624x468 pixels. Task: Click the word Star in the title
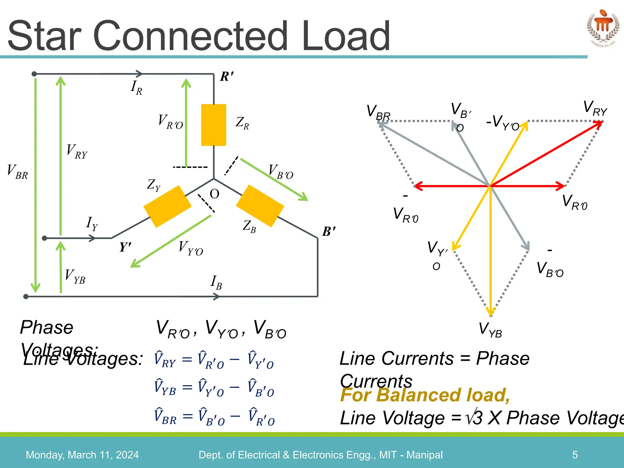44,36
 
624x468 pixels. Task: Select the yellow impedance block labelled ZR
214,125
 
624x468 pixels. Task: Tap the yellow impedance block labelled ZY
167,206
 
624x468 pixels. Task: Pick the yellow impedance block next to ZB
260,206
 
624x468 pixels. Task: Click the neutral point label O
214,194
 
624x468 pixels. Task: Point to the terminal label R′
227,76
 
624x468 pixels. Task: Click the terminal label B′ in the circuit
329,232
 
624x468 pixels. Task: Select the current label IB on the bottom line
216,282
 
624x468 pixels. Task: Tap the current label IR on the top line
136,88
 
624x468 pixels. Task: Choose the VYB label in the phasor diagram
490,330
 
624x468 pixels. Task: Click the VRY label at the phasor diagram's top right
595,108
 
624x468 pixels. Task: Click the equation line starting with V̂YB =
214,388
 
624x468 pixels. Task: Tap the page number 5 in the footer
575,455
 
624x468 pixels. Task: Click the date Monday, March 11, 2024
82,455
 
